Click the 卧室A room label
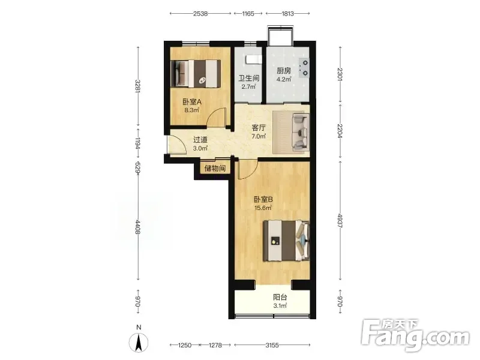pyautogui.click(x=192, y=101)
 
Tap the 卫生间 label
pyautogui.click(x=249, y=78)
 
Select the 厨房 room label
pyautogui.click(x=284, y=71)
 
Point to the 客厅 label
pyautogui.click(x=259, y=128)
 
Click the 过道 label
pyautogui.click(x=200, y=140)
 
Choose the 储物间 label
pyautogui.click(x=215, y=168)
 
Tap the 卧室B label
pyautogui.click(x=263, y=200)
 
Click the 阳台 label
pyautogui.click(x=280, y=297)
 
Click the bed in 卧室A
pyautogui.click(x=196, y=73)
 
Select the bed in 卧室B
pyautogui.click(x=287, y=241)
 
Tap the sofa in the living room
pyautogui.click(x=301, y=132)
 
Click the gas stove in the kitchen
pyautogui.click(x=304, y=68)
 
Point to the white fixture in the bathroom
pyautogui.click(x=254, y=59)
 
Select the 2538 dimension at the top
pyautogui.click(x=200, y=13)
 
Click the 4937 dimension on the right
pyautogui.click(x=340, y=220)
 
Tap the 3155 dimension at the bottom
pyautogui.click(x=272, y=346)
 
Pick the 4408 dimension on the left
pyautogui.click(x=138, y=227)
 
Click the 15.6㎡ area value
pyautogui.click(x=263, y=208)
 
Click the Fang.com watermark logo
pyautogui.click(x=415, y=336)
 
